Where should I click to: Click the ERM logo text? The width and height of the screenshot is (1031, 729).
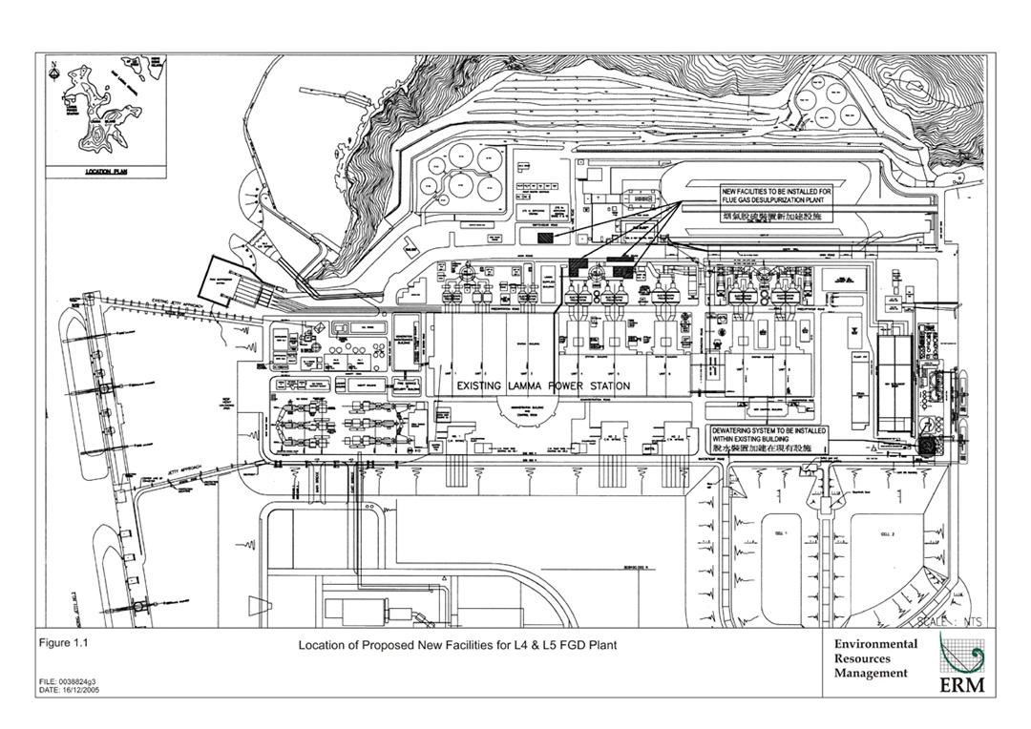pos(965,686)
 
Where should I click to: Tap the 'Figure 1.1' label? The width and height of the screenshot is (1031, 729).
pos(62,643)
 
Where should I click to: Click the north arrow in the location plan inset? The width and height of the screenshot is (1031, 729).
pos(54,69)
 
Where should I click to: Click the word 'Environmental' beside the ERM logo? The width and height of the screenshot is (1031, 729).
pos(875,644)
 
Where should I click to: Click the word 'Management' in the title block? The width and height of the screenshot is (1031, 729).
pos(871,673)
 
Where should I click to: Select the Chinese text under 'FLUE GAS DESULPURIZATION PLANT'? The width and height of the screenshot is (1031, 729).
pos(775,218)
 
